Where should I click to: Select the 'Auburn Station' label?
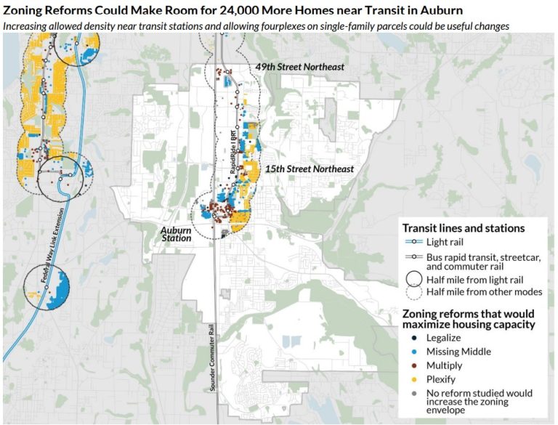(176, 233)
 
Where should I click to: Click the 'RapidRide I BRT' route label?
(235, 150)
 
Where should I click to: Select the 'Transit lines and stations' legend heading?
(464, 227)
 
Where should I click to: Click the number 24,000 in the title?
(250, 10)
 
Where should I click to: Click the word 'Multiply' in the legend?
(445, 365)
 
